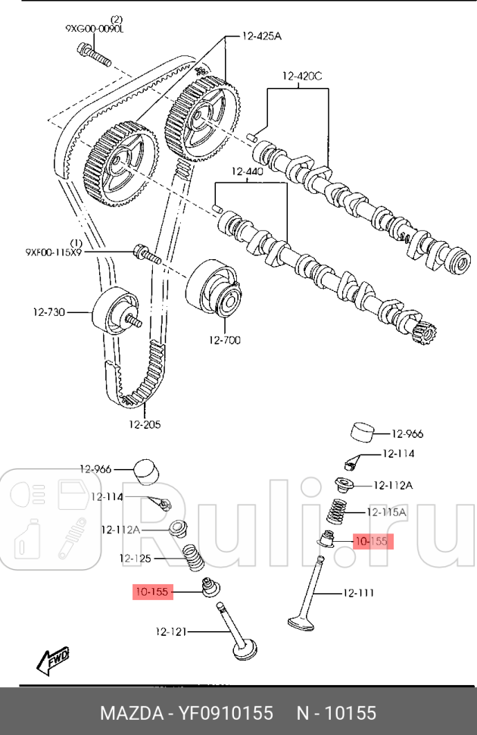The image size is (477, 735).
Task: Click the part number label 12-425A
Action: click(261, 36)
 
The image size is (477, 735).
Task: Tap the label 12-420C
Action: click(302, 76)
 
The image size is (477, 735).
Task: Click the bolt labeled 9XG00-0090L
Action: click(93, 54)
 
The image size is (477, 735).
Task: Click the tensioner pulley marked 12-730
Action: click(114, 311)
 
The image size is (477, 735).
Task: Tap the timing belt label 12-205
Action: click(144, 424)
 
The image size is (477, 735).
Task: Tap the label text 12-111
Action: click(358, 593)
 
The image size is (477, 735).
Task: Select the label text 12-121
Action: click(173, 631)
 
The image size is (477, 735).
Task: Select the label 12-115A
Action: click(385, 512)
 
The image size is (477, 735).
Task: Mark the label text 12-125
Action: click(136, 558)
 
